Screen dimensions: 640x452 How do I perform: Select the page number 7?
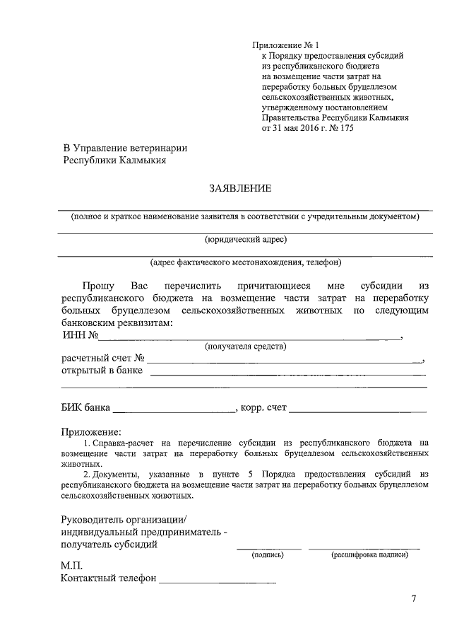(x=414, y=600)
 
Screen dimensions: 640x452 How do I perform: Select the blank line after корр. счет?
(x=357, y=410)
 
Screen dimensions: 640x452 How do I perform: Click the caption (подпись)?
(x=268, y=555)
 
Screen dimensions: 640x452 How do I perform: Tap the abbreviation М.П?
(x=72, y=566)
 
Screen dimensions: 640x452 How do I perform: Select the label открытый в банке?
(x=102, y=371)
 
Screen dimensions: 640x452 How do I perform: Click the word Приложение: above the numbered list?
(x=91, y=431)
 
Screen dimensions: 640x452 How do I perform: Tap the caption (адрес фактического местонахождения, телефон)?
(x=245, y=262)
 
